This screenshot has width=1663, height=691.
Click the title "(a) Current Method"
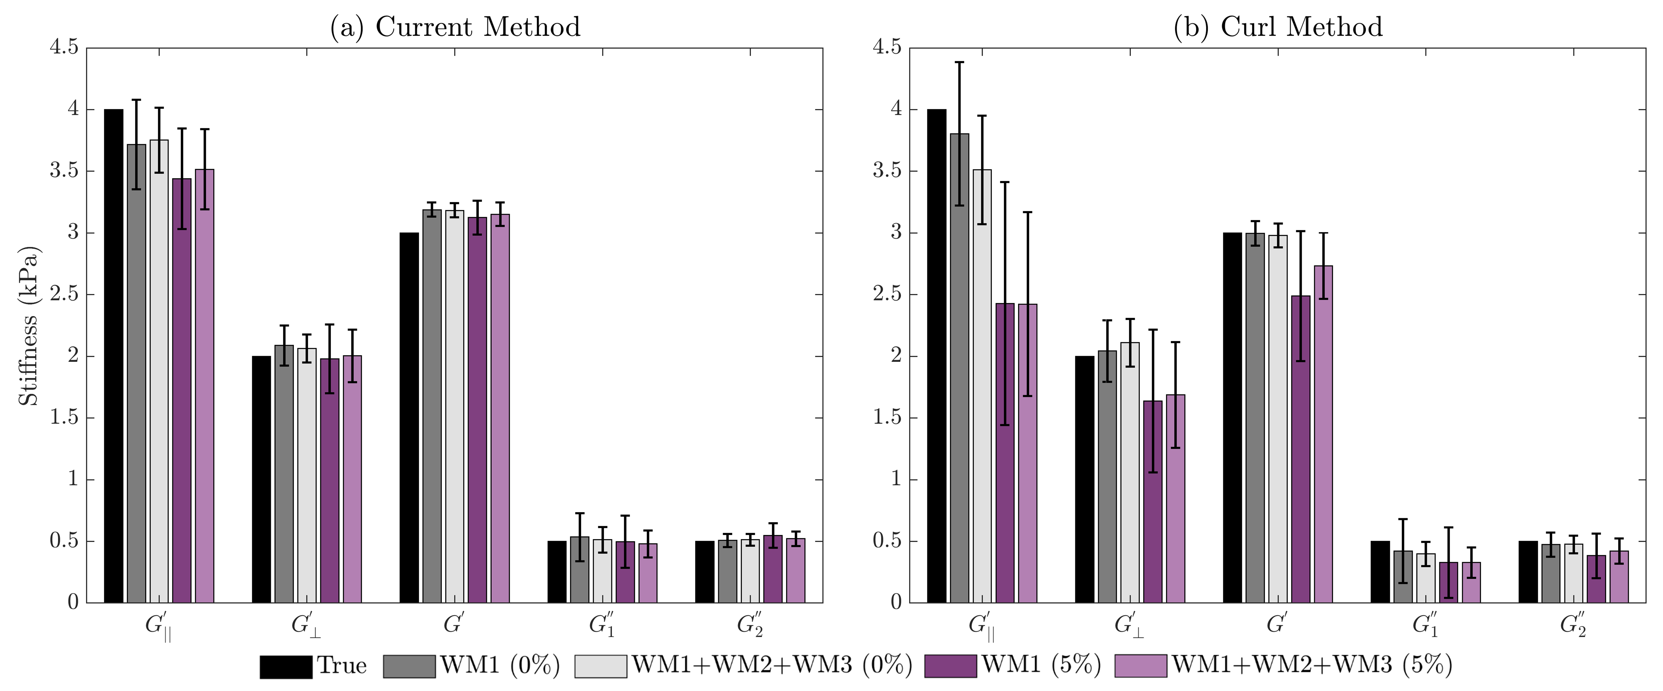point(455,27)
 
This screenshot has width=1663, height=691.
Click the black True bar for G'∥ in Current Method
point(114,355)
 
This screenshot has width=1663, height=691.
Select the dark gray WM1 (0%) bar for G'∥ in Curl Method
point(959,368)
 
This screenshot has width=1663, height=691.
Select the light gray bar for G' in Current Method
point(454,407)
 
